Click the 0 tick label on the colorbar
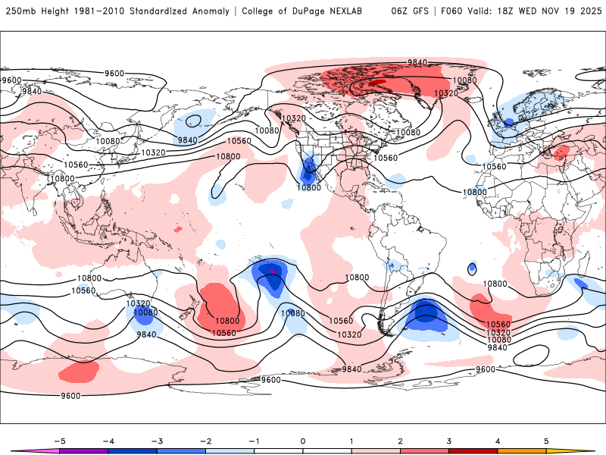coord(303,440)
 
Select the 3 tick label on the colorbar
coord(449,440)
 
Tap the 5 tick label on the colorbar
coord(546,440)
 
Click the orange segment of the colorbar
coord(522,450)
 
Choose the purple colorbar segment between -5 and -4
coord(83,450)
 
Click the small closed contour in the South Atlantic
coord(473,268)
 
